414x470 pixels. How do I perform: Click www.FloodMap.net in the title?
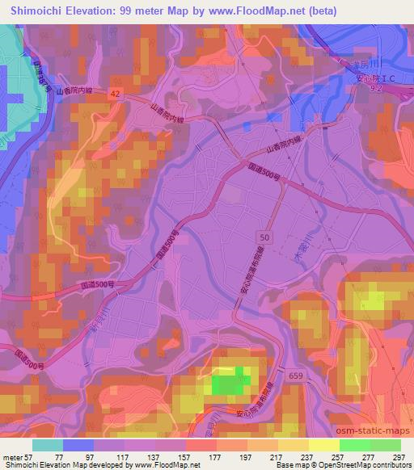pos(242,11)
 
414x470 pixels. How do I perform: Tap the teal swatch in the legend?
pos(48,444)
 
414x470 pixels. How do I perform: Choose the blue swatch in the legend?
pos(78,444)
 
